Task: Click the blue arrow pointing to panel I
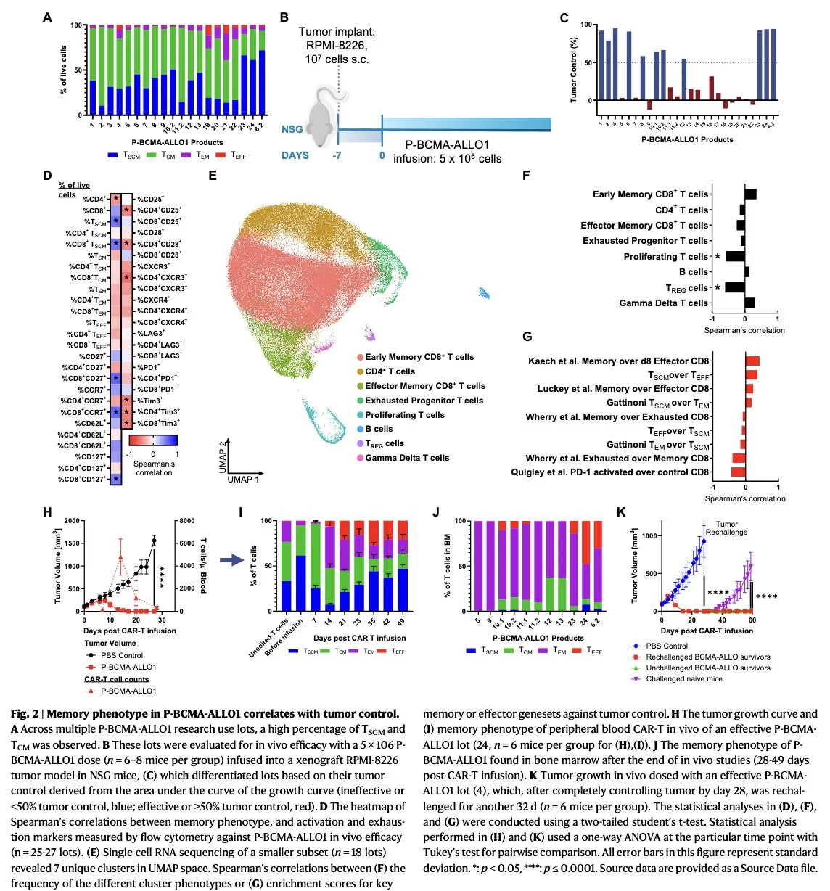[x=231, y=559]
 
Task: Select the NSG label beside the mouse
[x=292, y=129]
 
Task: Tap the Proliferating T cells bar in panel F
[x=735, y=256]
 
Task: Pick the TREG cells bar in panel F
[x=734, y=287]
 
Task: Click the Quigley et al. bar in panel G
[x=738, y=472]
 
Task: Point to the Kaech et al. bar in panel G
[x=752, y=361]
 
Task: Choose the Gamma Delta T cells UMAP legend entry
[x=406, y=458]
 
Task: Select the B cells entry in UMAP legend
[x=379, y=429]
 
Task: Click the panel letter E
[x=213, y=176]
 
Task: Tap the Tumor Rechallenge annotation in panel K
[x=726, y=528]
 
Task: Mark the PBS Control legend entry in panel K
[x=666, y=646]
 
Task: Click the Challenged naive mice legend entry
[x=684, y=678]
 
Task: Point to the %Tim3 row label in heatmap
[x=150, y=401]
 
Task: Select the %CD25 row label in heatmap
[x=151, y=199]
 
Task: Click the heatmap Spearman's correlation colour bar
[x=153, y=440]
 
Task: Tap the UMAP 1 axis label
[x=243, y=479]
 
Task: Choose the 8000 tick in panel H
[x=187, y=521]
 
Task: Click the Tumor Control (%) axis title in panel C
[x=573, y=66]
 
